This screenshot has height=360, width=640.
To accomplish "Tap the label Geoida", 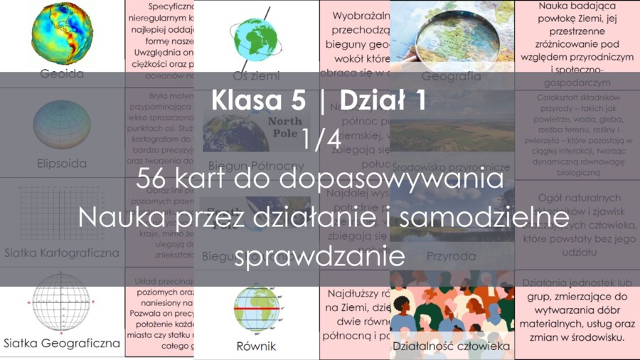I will [62, 74].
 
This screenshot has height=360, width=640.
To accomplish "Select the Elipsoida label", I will [62, 164].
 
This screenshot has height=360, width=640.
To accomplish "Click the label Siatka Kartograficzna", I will [62, 253].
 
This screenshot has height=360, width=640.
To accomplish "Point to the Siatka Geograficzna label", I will [62, 343].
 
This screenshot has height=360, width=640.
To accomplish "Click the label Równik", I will [256, 346].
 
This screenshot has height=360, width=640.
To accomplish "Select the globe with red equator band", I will [256, 309].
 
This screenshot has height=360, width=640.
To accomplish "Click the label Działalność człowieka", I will [452, 346].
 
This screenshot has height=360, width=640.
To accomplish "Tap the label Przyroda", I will [452, 255].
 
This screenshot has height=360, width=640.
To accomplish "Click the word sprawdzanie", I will [320, 255].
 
